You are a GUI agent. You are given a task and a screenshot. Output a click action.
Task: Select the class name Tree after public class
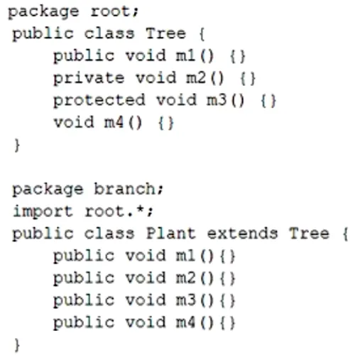pyautogui.click(x=165, y=33)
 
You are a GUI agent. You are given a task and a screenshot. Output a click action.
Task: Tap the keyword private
pyautogui.click(x=89, y=78)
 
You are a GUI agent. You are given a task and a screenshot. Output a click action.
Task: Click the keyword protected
pyautogui.click(x=99, y=100)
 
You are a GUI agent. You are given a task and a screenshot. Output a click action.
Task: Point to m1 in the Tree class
pyautogui.click(x=185, y=55)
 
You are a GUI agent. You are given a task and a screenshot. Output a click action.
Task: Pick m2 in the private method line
pyautogui.click(x=196, y=77)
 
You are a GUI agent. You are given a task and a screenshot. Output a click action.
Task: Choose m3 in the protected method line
pyautogui.click(x=217, y=100)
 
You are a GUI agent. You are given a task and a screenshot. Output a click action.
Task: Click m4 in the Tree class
pyautogui.click(x=114, y=122)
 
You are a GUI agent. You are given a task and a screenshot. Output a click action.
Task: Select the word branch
pyautogui.click(x=125, y=189)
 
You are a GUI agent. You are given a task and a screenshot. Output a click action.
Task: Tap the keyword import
pyautogui.click(x=43, y=212)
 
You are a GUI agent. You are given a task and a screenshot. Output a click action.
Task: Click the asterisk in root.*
pyautogui.click(x=141, y=209)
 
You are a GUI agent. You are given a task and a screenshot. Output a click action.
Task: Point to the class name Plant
pyautogui.click(x=171, y=234)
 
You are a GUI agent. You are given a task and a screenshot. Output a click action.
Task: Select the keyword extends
pyautogui.click(x=242, y=234)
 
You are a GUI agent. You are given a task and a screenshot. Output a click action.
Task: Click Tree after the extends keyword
pyautogui.click(x=309, y=234)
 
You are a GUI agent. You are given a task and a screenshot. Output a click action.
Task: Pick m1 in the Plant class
pyautogui.click(x=185, y=256)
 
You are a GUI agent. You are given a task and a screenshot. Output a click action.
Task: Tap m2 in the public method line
pyautogui.click(x=185, y=278)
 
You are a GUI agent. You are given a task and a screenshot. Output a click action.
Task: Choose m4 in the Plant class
pyautogui.click(x=185, y=322)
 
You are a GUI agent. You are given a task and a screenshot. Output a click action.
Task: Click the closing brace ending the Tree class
pyautogui.click(x=17, y=145)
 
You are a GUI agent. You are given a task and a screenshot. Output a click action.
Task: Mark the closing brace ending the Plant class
pyautogui.click(x=17, y=345)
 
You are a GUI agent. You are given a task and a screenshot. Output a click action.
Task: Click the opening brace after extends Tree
pyautogui.click(x=346, y=234)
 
